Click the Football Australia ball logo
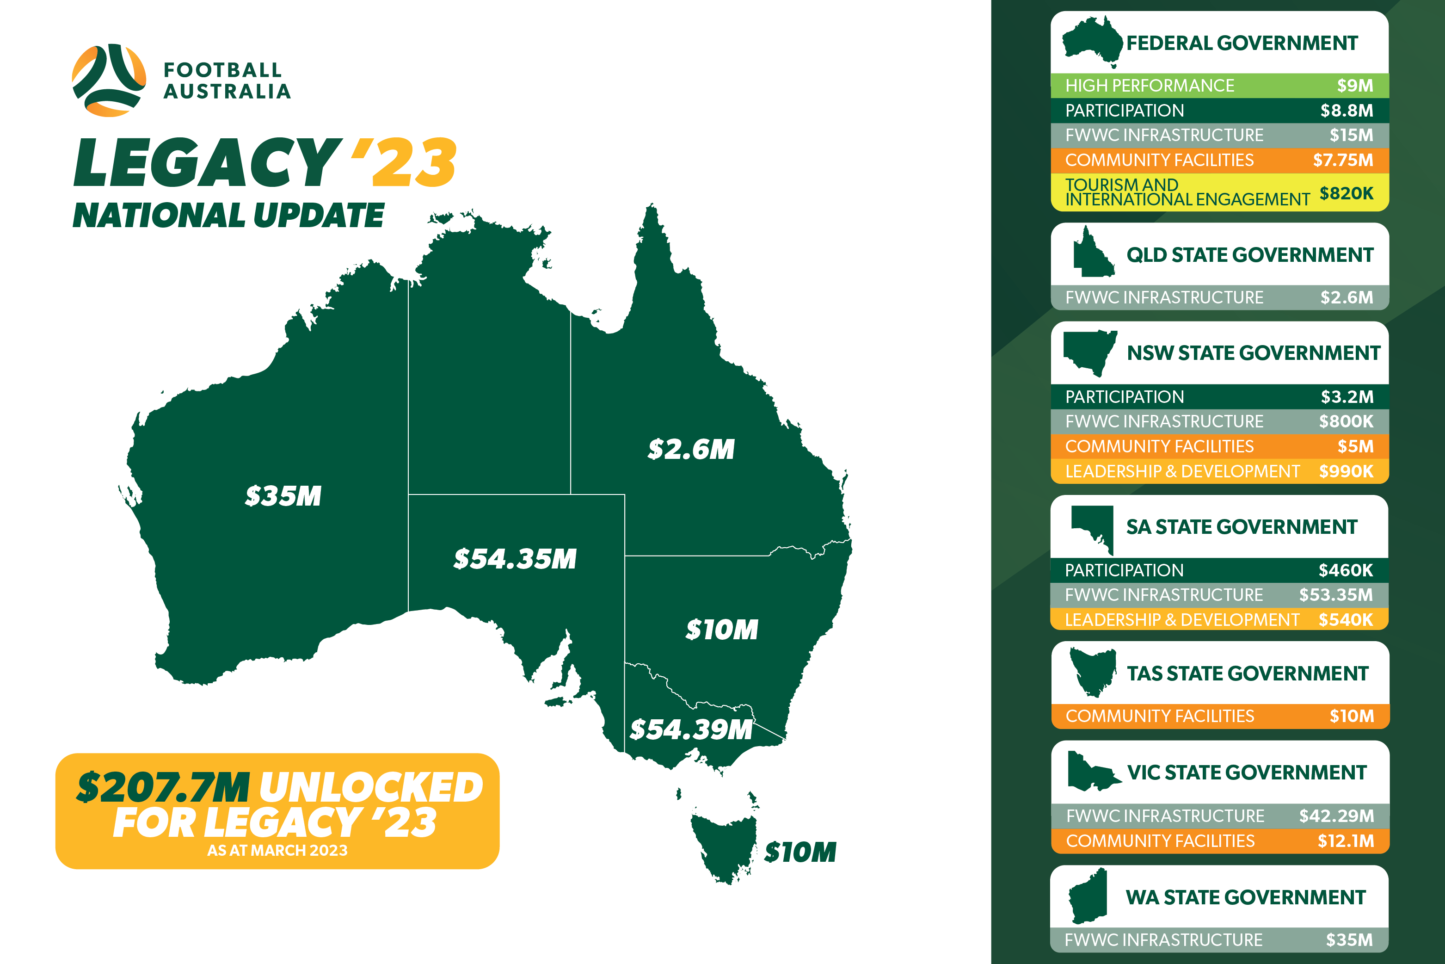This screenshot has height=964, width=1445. pos(109,80)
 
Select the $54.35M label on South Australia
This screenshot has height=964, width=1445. pos(515,559)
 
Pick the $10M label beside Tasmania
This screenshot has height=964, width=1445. pos(799,852)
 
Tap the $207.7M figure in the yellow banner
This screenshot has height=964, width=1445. pos(163,788)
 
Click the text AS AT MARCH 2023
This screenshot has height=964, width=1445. pos(277,850)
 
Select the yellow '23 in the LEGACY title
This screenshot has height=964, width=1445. pos(406,163)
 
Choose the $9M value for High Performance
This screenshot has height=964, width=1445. pos(1355,86)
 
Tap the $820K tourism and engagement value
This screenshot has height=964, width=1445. pos(1346,193)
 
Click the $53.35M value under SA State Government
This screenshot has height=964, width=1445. pos(1335,594)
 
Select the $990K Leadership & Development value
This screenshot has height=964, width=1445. pos(1346,471)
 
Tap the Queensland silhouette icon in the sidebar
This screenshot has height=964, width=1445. pos(1092,253)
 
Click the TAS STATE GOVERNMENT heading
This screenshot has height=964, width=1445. pos(1247,673)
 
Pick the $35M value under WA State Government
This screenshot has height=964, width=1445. pos(1349,939)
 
